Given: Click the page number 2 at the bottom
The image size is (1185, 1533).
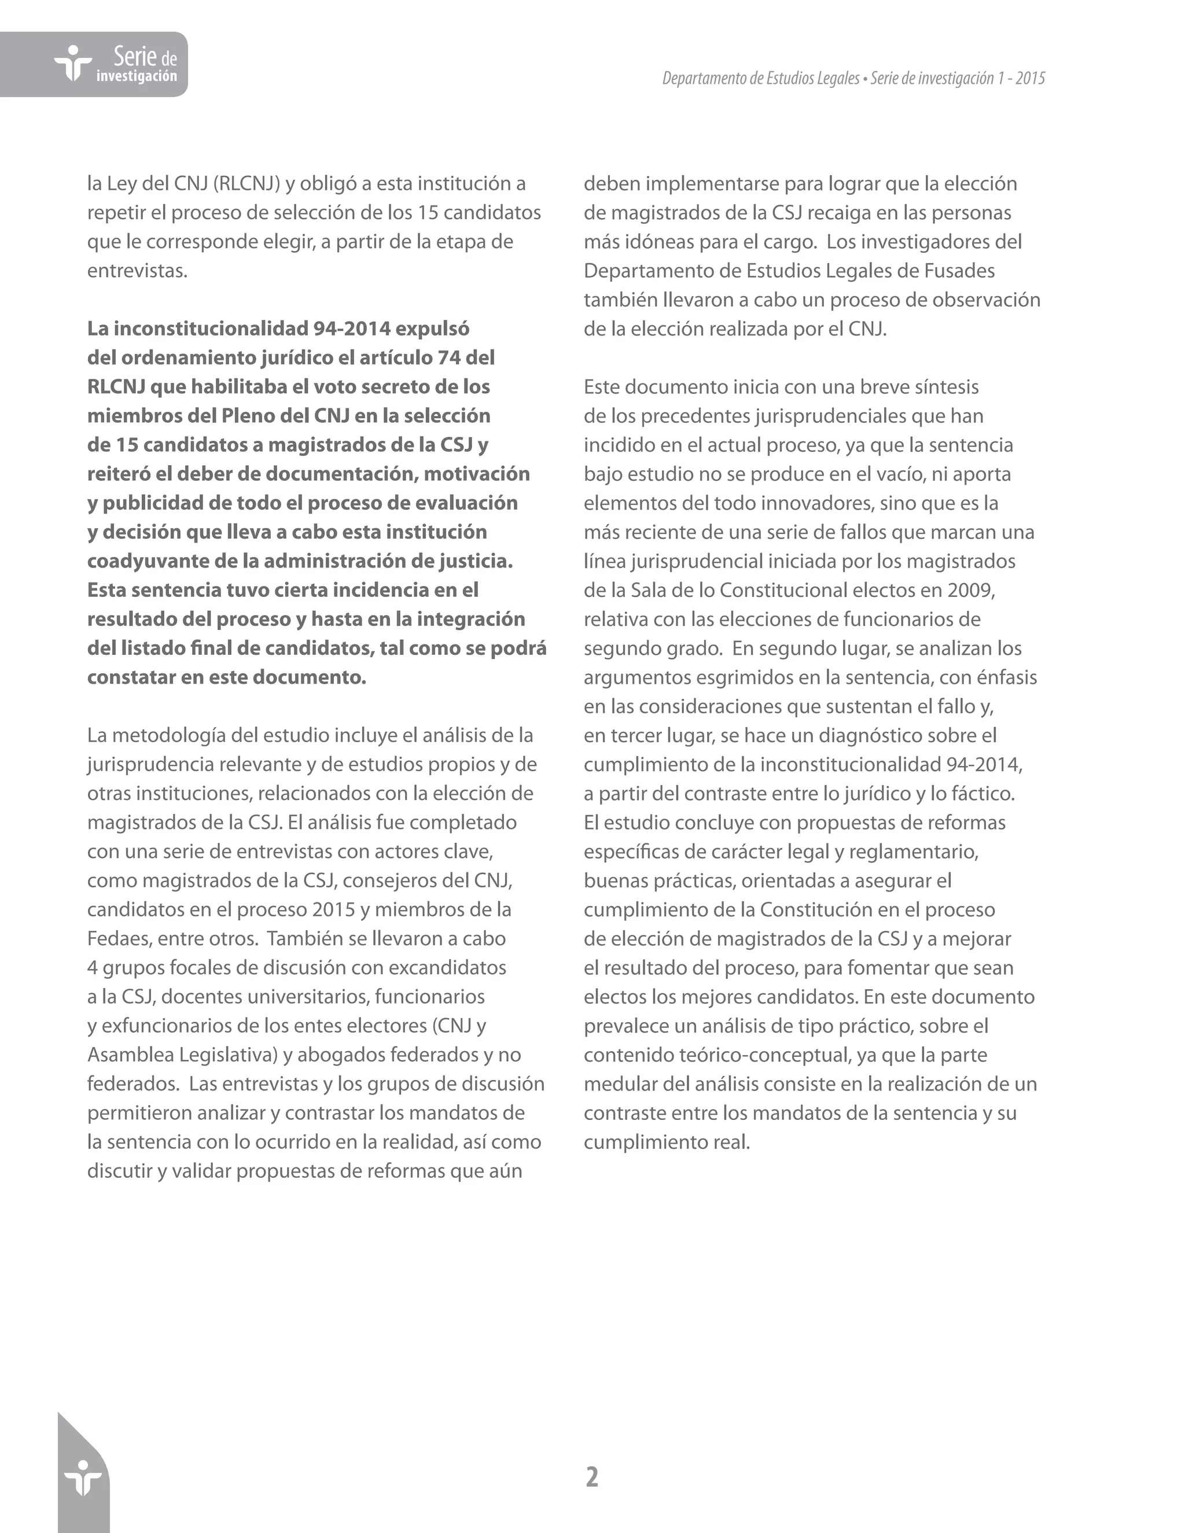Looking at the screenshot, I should (592, 1477).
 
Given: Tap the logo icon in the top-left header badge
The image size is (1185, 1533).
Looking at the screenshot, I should (73, 64).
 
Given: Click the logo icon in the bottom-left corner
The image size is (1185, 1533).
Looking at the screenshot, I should (83, 1480).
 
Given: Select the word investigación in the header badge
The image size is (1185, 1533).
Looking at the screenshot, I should (137, 76).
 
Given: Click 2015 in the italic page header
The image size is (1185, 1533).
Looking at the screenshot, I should (1030, 79).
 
